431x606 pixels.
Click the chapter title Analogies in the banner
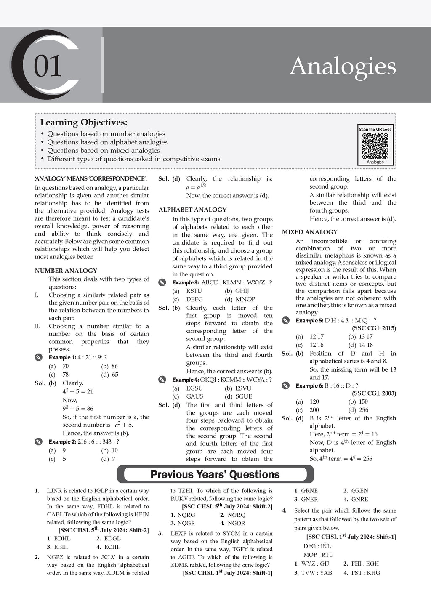click(x=343, y=66)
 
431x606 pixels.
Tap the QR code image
click(x=375, y=146)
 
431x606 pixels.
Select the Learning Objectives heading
click(x=84, y=122)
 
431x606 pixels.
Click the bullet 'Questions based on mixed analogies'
click(x=103, y=150)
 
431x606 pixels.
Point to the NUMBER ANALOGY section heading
click(x=66, y=271)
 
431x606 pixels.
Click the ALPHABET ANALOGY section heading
click(x=192, y=210)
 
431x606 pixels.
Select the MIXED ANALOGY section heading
click(x=310, y=232)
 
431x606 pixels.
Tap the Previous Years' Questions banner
click(x=215, y=475)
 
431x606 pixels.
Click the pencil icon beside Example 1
click(x=39, y=358)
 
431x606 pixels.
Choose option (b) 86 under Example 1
click(x=109, y=366)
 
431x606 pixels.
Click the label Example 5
click(x=309, y=321)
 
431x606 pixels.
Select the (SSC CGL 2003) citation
click(x=374, y=393)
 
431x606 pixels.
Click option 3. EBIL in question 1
click(x=58, y=547)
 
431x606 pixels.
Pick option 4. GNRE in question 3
click(x=356, y=500)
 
